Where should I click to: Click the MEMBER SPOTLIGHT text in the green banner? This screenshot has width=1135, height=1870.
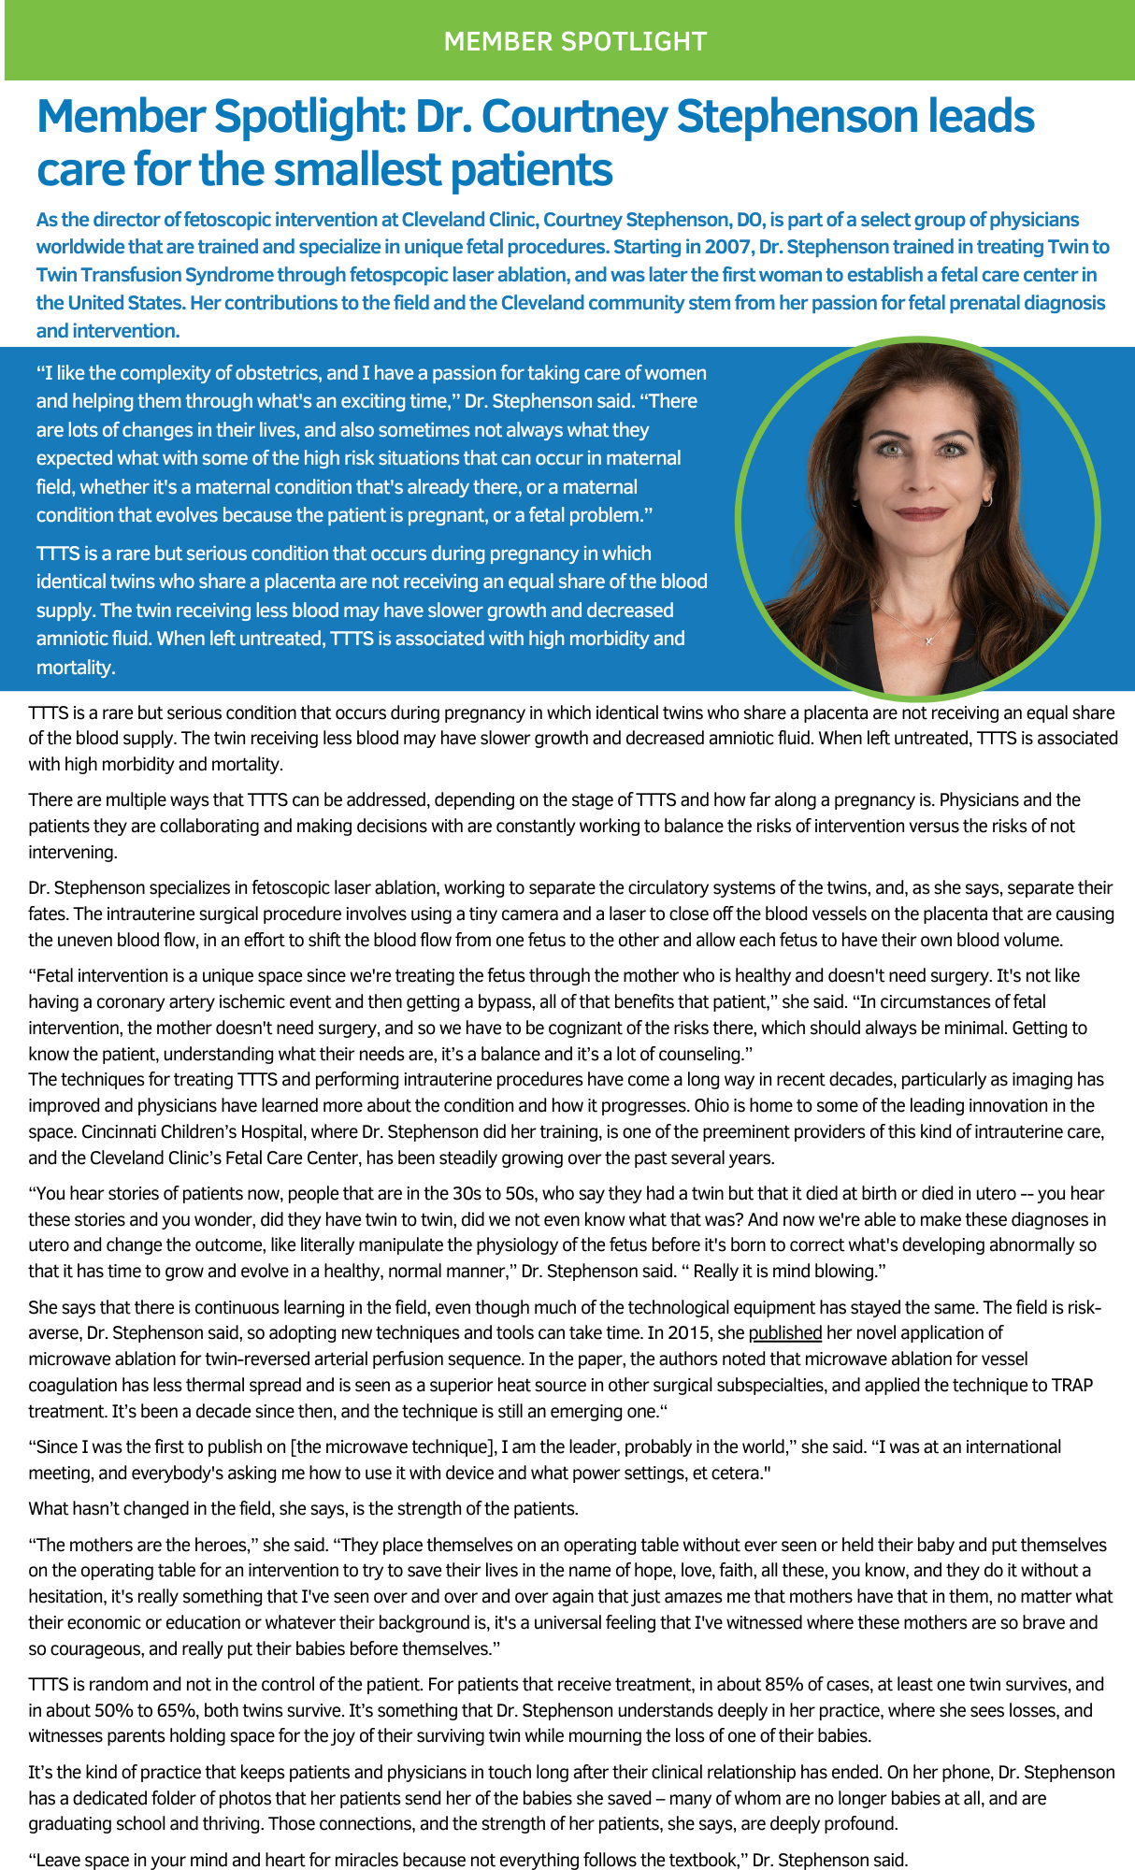[x=575, y=42]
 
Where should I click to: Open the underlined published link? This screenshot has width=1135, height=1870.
[x=784, y=1333]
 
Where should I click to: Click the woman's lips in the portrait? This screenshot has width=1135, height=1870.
[x=921, y=513]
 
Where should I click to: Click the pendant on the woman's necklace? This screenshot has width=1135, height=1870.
[x=928, y=640]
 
